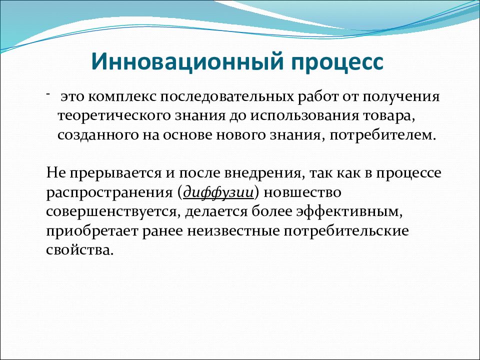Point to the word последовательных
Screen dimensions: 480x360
(227, 97)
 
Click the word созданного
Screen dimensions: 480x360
(98, 135)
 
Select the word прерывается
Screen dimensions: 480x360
(115, 173)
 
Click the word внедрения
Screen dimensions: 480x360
(265, 173)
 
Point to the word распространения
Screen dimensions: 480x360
(109, 193)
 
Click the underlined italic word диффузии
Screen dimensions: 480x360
(218, 192)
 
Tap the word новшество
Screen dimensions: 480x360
(302, 192)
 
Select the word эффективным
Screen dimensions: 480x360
(349, 211)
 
